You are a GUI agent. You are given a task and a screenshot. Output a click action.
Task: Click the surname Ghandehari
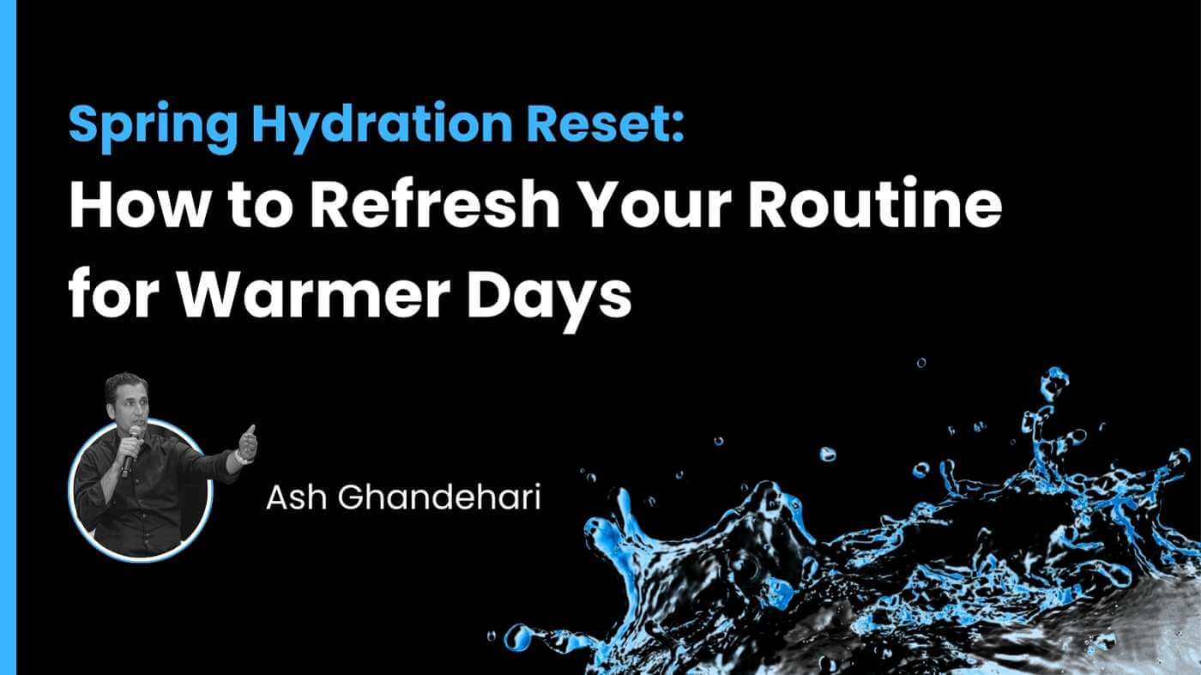click(x=440, y=497)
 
